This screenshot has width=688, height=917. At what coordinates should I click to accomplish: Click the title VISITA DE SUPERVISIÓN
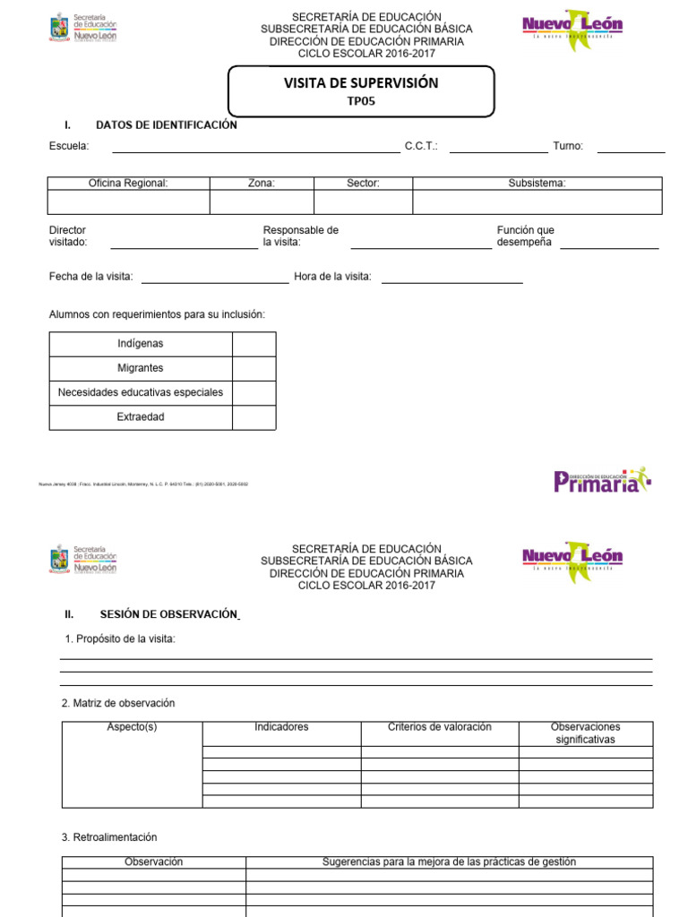pyautogui.click(x=361, y=83)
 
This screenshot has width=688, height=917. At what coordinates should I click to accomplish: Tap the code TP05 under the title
pyautogui.click(x=360, y=101)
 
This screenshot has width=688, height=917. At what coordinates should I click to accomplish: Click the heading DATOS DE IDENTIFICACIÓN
pyautogui.click(x=167, y=125)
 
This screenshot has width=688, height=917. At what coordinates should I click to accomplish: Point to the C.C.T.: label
pyautogui.click(x=421, y=146)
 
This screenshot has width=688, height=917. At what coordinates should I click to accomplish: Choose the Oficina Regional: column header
pyautogui.click(x=128, y=183)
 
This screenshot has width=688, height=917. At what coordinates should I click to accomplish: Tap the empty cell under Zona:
pyautogui.click(x=262, y=201)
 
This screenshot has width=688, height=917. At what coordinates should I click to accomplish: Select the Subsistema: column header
pyautogui.click(x=537, y=183)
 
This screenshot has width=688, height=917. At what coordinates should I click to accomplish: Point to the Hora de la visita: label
pyautogui.click(x=332, y=277)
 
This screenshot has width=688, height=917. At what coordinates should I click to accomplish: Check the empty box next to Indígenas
pyautogui.click(x=254, y=344)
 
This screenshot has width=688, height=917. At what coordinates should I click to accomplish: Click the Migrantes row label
pyautogui.click(x=141, y=368)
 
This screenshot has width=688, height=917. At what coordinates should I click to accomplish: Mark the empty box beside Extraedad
pyautogui.click(x=254, y=417)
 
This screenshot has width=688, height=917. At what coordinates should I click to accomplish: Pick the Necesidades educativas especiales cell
pyautogui.click(x=141, y=392)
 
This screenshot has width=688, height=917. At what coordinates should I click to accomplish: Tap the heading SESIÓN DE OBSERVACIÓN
pyautogui.click(x=169, y=614)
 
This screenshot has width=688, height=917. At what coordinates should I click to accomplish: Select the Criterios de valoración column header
pyautogui.click(x=440, y=727)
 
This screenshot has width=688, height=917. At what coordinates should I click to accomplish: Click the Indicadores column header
pyautogui.click(x=281, y=727)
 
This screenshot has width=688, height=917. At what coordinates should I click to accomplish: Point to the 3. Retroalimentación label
pyautogui.click(x=109, y=837)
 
